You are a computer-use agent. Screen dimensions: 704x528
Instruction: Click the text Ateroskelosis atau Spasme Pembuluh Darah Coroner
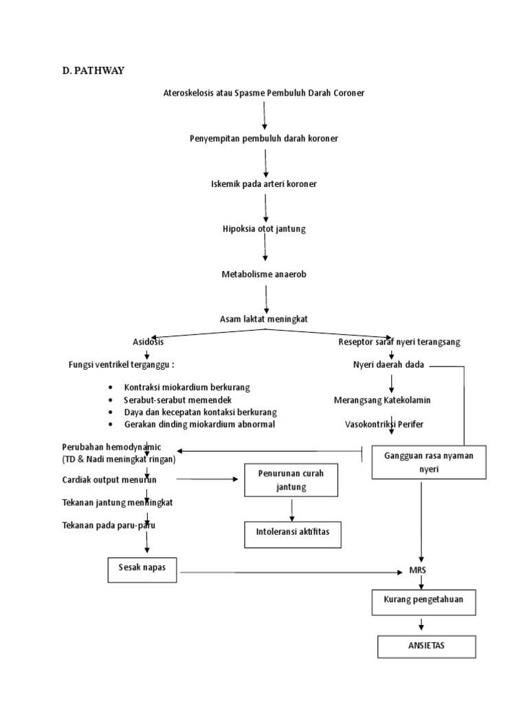tap(263, 92)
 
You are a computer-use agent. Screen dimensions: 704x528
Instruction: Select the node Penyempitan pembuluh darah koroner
tap(264, 138)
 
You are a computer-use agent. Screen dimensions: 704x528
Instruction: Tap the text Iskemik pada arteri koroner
tap(264, 184)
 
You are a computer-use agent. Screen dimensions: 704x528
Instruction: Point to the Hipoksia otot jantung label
tap(264, 229)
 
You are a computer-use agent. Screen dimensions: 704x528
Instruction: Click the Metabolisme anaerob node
tap(264, 274)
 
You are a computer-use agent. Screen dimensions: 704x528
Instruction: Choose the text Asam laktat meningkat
tap(264, 319)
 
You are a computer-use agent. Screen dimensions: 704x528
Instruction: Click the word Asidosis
tap(148, 342)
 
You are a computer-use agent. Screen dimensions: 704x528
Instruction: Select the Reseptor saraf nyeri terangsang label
tap(399, 342)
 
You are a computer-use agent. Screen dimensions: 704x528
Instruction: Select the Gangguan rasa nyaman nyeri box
tap(419, 462)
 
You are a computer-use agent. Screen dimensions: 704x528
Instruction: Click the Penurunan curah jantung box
tap(291, 480)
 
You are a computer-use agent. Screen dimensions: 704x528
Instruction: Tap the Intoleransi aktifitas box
tap(293, 533)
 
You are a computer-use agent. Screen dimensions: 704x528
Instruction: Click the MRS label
tap(418, 571)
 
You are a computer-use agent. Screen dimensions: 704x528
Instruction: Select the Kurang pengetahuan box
tap(423, 599)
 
